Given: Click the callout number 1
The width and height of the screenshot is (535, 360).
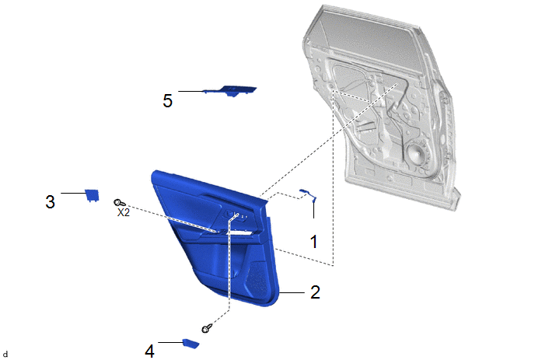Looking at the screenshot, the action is pyautogui.click(x=314, y=241).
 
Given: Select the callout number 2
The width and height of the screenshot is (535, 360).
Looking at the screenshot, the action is pyautogui.click(x=315, y=292).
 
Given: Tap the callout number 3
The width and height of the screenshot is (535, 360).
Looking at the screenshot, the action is pyautogui.click(x=50, y=201).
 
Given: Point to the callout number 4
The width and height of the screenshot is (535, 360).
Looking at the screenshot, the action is pyautogui.click(x=149, y=351).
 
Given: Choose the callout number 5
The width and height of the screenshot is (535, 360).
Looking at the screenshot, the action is pyautogui.click(x=167, y=100).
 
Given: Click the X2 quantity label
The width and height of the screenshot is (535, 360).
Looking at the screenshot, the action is pyautogui.click(x=124, y=212).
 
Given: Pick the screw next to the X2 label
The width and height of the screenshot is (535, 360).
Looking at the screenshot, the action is pyautogui.click(x=120, y=203).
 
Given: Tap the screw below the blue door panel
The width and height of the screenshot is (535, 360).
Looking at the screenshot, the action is pyautogui.click(x=207, y=329).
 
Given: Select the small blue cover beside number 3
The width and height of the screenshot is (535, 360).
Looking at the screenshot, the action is pyautogui.click(x=92, y=195).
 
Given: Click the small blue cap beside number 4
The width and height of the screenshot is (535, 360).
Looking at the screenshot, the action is pyautogui.click(x=191, y=343).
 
